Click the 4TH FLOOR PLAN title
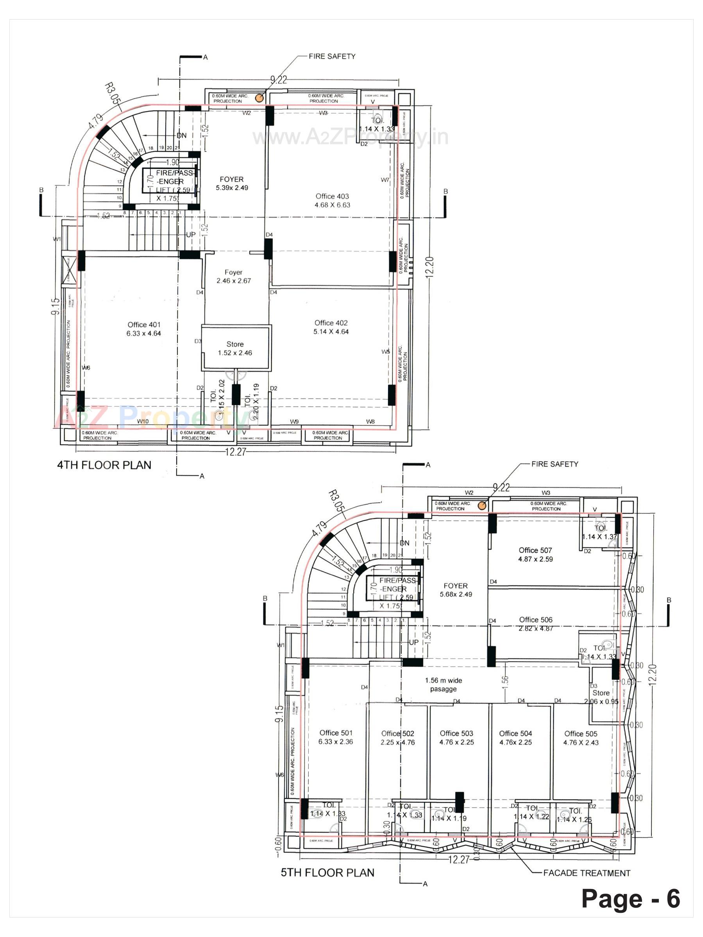(104, 465)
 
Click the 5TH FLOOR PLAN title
(327, 873)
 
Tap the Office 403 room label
(332, 200)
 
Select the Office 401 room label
(144, 329)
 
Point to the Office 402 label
(331, 327)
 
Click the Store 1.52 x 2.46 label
(235, 348)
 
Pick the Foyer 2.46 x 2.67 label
(233, 276)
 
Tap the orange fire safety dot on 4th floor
(259, 98)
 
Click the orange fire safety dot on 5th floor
(482, 505)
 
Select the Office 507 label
(535, 554)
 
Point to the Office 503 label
(456, 737)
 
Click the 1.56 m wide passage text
(444, 684)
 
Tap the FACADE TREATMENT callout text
(587, 873)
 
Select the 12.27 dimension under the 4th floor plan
(235, 452)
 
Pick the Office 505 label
(580, 738)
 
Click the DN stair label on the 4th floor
(181, 135)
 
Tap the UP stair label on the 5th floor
(413, 642)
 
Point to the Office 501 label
(336, 737)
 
